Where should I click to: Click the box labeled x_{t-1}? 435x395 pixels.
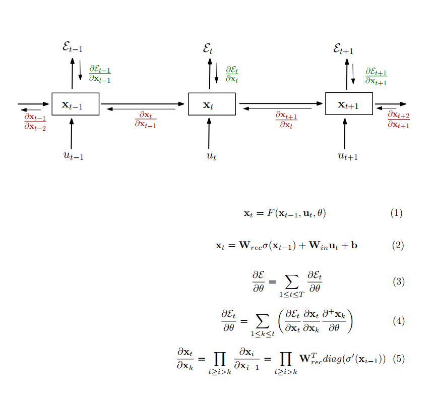[76, 104]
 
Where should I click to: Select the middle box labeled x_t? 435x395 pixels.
[212, 104]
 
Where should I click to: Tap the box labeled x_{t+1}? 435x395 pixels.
[349, 103]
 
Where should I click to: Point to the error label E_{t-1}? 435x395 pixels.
[73, 47]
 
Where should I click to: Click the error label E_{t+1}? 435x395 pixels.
[343, 49]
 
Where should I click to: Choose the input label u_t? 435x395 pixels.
[211, 156]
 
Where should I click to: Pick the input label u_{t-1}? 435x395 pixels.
[73, 156]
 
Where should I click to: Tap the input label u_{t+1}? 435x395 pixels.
[348, 156]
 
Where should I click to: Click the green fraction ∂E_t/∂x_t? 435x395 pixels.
[232, 74]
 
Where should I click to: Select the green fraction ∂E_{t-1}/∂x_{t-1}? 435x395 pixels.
[100, 74]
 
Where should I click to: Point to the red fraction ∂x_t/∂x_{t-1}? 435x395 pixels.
[146, 120]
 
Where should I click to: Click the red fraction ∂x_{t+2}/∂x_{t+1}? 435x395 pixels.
[399, 120]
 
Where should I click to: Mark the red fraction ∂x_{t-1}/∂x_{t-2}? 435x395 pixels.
[35, 122]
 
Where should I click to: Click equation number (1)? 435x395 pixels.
[396, 213]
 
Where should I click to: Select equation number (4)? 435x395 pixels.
[399, 321]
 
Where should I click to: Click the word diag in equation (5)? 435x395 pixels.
[332, 359]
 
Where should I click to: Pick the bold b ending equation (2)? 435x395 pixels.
[354, 245]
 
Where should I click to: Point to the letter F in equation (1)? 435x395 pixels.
[271, 213]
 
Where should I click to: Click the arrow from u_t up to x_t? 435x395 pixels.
[209, 134]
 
